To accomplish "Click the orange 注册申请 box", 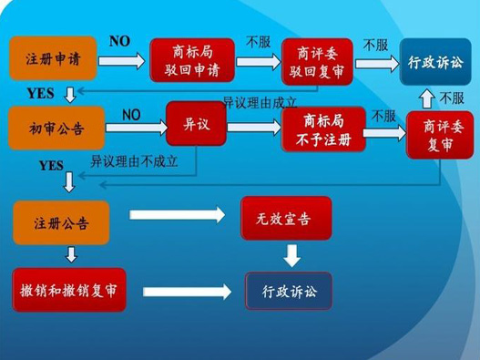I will (52, 61).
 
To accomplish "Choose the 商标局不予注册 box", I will (323, 129).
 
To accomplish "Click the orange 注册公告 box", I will (60, 222).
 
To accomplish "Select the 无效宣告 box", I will (285, 219).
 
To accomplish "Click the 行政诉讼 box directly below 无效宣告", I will (288, 292).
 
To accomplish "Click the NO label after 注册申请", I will (119, 41).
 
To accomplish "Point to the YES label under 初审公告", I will (51, 166).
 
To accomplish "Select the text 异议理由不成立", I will (134, 161).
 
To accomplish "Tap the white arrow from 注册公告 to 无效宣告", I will (178, 216).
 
